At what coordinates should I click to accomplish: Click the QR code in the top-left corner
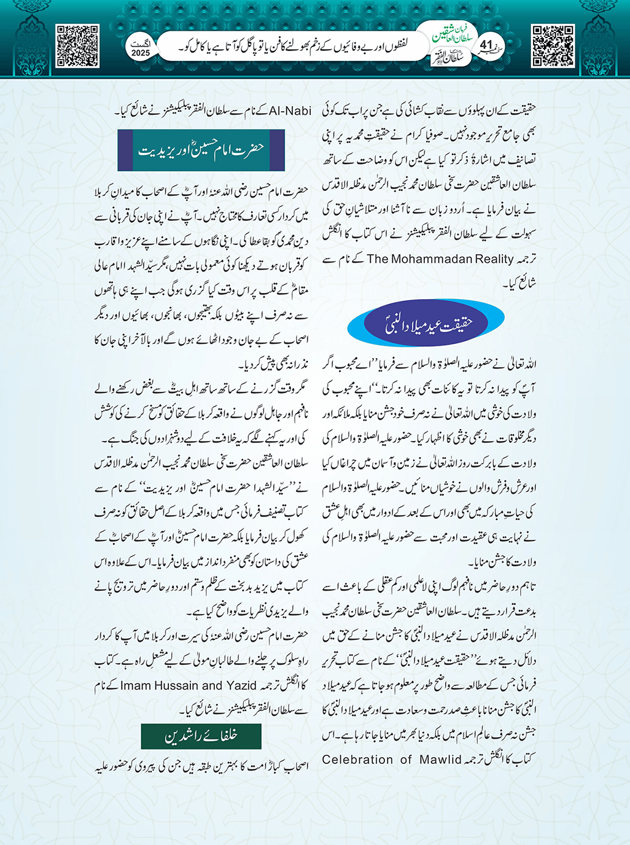pyautogui.click(x=77, y=46)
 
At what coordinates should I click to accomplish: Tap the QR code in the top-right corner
pyautogui.click(x=553, y=46)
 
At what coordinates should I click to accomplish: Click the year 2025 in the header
pyautogui.click(x=141, y=53)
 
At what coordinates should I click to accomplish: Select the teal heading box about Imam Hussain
pyautogui.click(x=201, y=150)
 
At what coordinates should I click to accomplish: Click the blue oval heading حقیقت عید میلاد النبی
pyautogui.click(x=426, y=323)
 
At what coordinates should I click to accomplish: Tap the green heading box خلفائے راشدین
pyautogui.click(x=201, y=736)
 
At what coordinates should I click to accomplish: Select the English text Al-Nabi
pyautogui.click(x=290, y=111)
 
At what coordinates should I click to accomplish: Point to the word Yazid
pyautogui.click(x=241, y=685)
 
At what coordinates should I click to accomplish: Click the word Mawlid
pyautogui.click(x=440, y=760)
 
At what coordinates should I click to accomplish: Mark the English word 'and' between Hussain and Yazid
pyautogui.click(x=212, y=685)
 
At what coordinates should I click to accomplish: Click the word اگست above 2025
pyautogui.click(x=141, y=44)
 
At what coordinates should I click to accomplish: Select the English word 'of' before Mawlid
pyautogui.click(x=406, y=760)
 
